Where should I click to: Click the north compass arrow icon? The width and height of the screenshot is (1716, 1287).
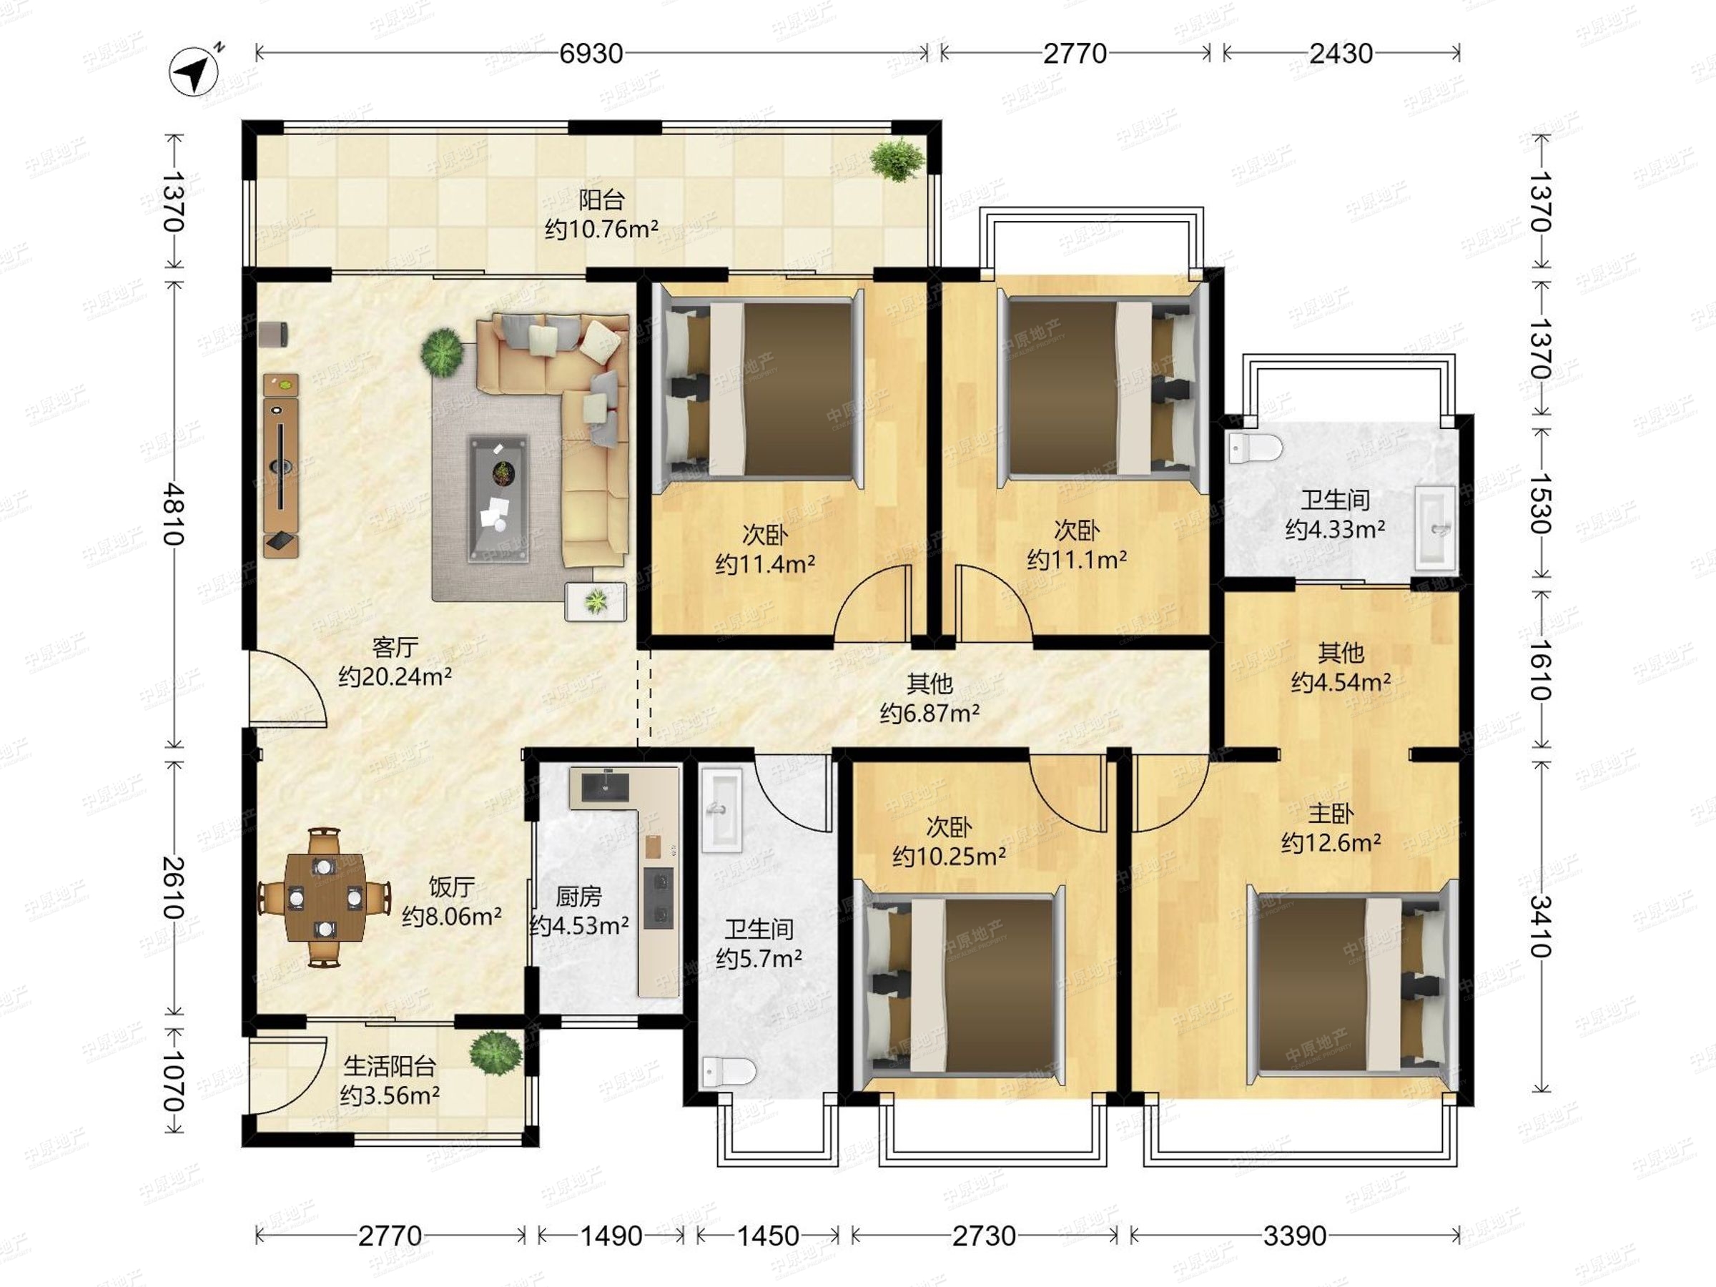coord(194,72)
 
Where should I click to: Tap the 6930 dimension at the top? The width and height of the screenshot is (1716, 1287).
coord(591,54)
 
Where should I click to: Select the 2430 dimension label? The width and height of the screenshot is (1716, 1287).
coord(1341,54)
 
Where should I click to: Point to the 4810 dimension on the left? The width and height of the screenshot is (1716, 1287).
coord(174,514)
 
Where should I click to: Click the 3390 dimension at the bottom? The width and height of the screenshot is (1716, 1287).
coord(1295,1236)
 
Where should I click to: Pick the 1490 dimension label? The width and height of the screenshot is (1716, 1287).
coord(611,1236)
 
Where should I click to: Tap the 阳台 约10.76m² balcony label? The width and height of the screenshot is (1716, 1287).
coord(601,215)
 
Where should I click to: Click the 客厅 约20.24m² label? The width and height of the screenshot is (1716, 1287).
coord(395,661)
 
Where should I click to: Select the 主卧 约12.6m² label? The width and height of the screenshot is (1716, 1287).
coord(1331,828)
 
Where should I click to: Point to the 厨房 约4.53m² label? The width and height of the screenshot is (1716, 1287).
coord(578,911)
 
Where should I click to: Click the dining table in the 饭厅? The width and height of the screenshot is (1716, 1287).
coord(325,897)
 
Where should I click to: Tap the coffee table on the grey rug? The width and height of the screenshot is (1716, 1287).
coord(499,499)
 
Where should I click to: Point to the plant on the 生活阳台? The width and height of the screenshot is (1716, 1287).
coord(495,1052)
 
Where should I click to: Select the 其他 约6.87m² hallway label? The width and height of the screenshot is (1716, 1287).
coord(929,698)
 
